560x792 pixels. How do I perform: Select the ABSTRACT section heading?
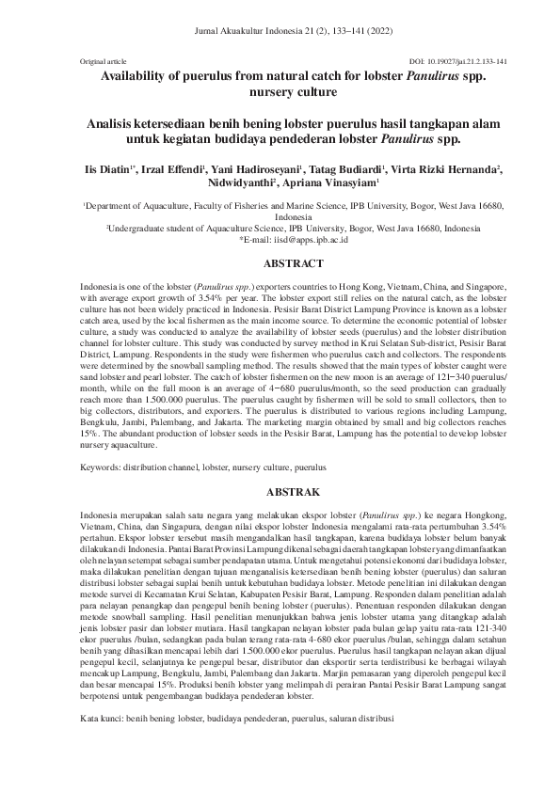tap(280, 264)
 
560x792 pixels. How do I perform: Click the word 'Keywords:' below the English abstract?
tap(102, 467)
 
